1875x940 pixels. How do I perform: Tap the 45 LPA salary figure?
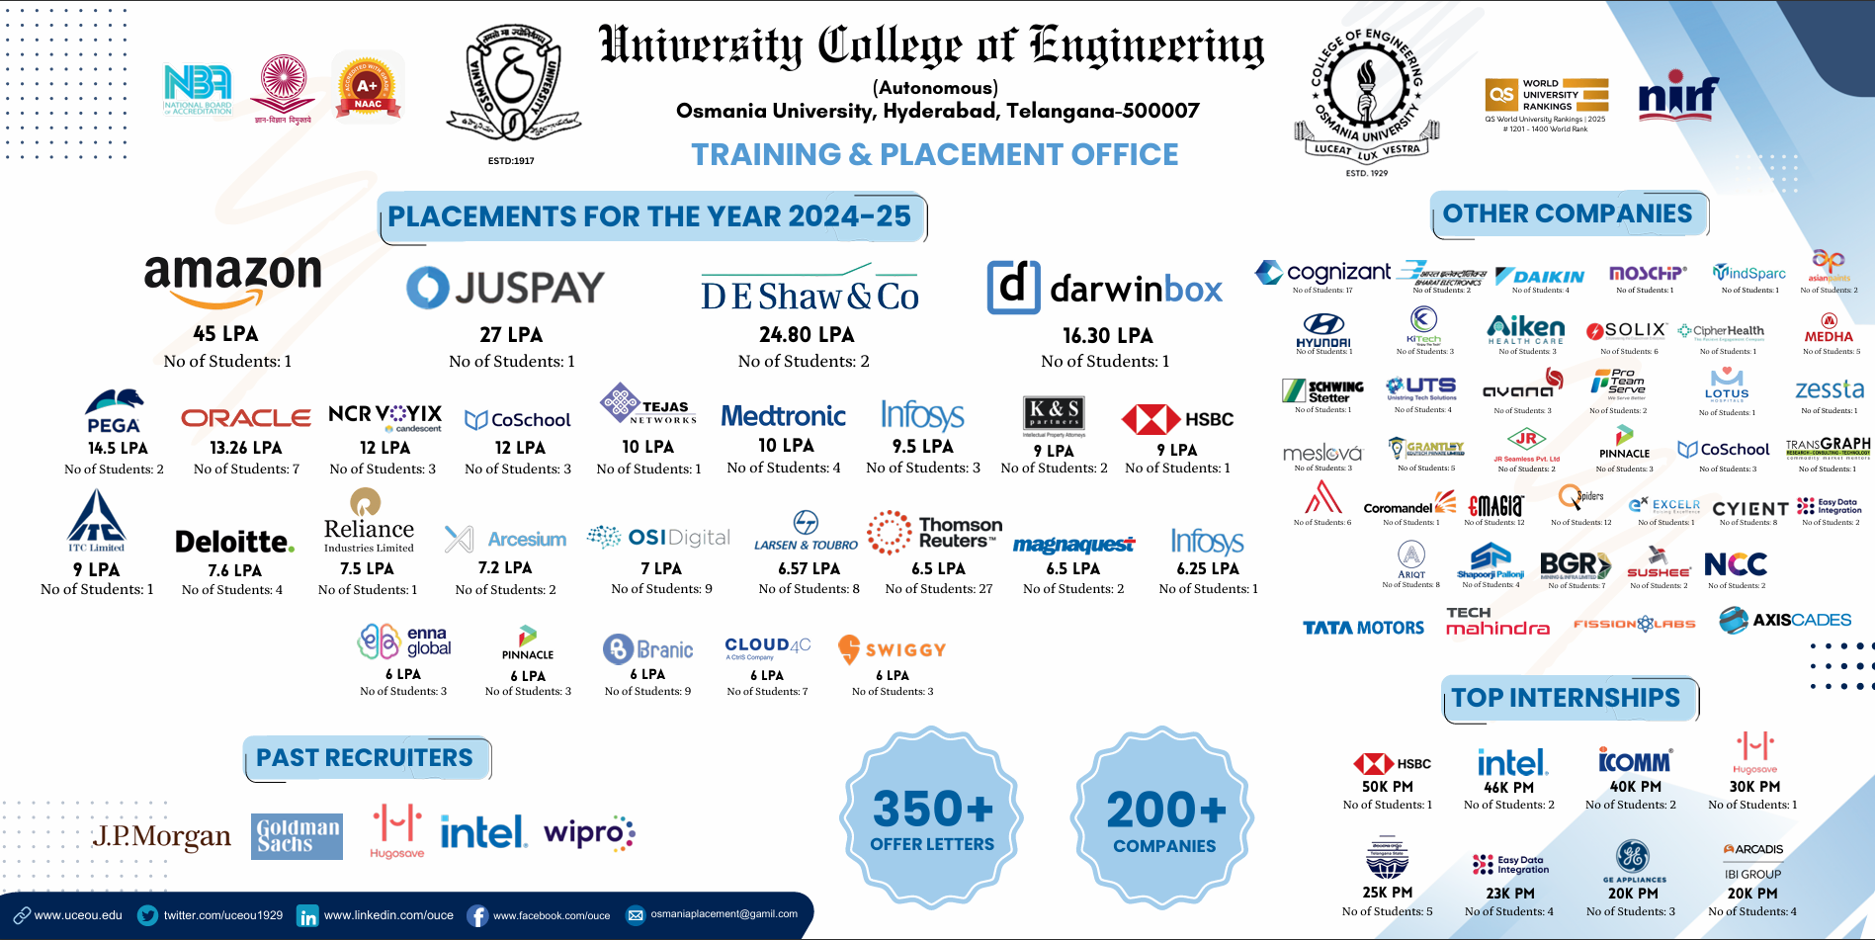225,334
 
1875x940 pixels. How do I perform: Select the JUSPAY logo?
505,288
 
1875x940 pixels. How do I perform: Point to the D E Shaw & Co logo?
810,292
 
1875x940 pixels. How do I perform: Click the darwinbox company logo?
1105,288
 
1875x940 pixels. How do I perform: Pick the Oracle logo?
246,418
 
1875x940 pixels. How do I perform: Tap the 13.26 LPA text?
246,448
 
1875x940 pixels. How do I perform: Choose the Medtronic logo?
783,416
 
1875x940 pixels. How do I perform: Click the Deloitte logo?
234,542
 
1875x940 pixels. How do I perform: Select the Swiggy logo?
892,649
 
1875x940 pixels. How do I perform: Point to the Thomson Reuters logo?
934,533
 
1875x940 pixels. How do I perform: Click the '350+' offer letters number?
932,809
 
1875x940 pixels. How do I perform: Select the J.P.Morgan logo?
162,836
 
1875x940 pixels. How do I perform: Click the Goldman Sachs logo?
297,836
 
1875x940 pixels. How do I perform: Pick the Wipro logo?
589,833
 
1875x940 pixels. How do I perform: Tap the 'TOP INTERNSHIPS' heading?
1566,698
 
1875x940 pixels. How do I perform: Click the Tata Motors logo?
1363,628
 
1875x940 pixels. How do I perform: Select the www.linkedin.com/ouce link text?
388,915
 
